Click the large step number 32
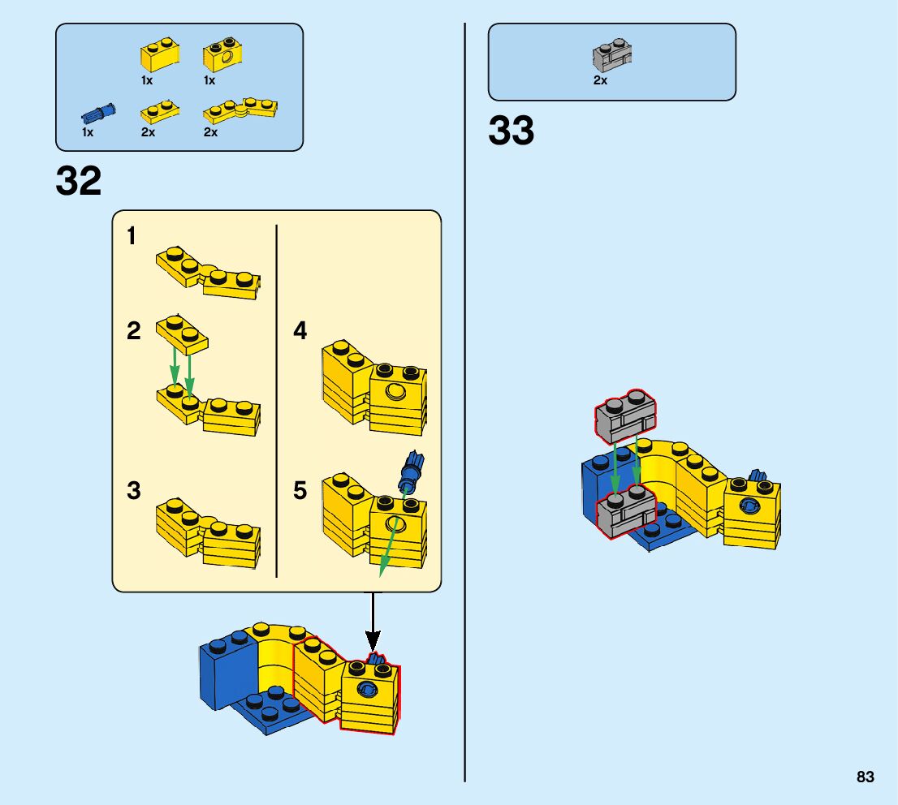pyautogui.click(x=79, y=182)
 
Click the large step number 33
pyautogui.click(x=512, y=131)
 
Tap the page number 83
pyautogui.click(x=865, y=777)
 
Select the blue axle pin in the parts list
pyautogui.click(x=99, y=113)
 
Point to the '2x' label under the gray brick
pyautogui.click(x=600, y=80)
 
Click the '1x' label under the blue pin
pyautogui.click(x=88, y=131)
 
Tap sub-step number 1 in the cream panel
pyautogui.click(x=132, y=237)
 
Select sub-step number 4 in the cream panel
pyautogui.click(x=300, y=331)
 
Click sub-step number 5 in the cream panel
pyautogui.click(x=300, y=491)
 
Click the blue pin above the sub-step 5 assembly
pyautogui.click(x=410, y=471)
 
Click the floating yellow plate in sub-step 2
pyautogui.click(x=182, y=332)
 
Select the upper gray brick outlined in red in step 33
pyautogui.click(x=624, y=416)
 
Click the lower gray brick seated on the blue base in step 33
pyautogui.click(x=626, y=512)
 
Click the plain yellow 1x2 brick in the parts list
pyautogui.click(x=159, y=55)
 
